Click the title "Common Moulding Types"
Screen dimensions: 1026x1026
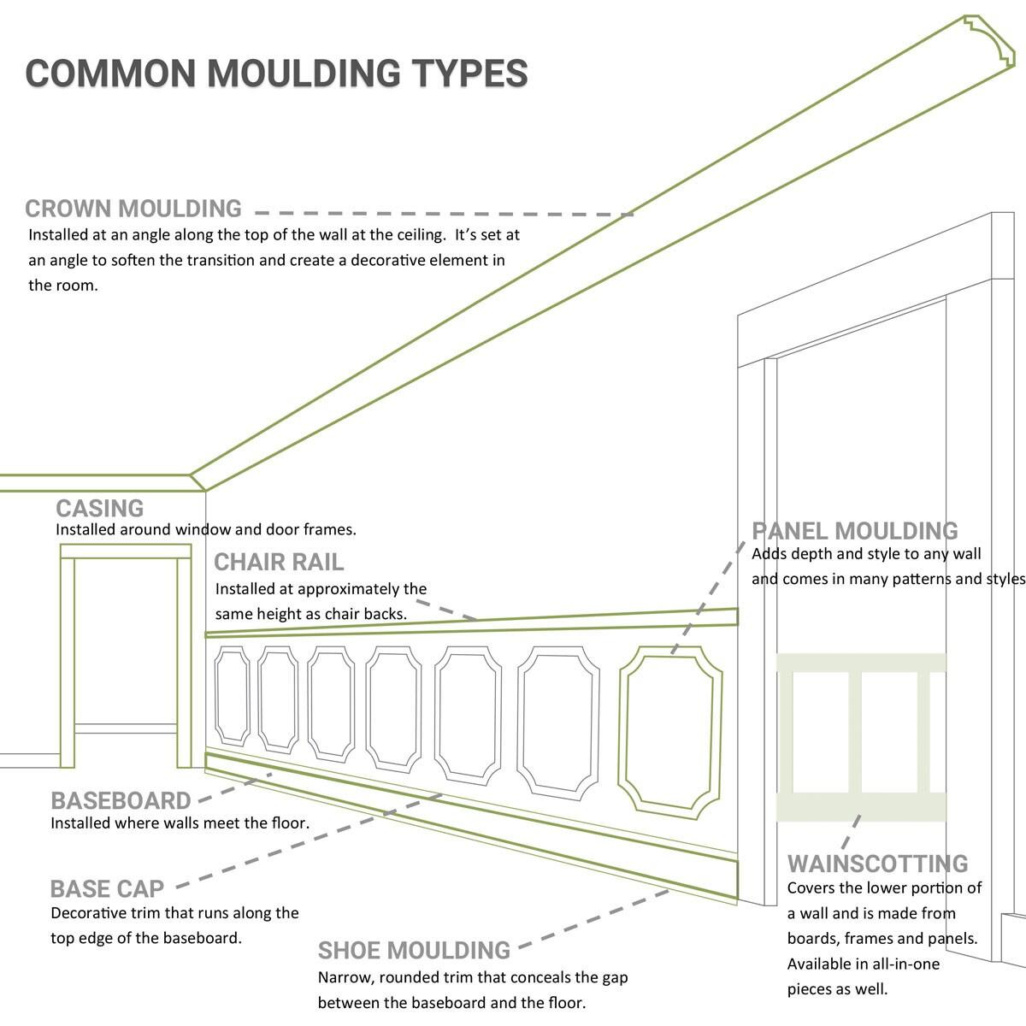coord(276,73)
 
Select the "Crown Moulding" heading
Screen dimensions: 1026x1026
coord(133,209)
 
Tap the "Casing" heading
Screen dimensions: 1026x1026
coord(100,508)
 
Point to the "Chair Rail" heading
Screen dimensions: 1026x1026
coord(279,562)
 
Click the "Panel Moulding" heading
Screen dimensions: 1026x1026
coord(855,531)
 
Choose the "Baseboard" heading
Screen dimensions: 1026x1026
coord(121,801)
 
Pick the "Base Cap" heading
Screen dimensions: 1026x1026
coord(107,888)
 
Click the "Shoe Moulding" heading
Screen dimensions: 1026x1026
coord(414,951)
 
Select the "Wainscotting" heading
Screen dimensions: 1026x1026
coord(877,864)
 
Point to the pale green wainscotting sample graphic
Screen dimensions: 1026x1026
coord(861,736)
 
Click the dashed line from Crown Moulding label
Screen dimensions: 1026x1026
coord(445,213)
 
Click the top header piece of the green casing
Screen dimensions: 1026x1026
coord(126,552)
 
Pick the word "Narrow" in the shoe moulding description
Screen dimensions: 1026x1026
coord(345,977)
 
